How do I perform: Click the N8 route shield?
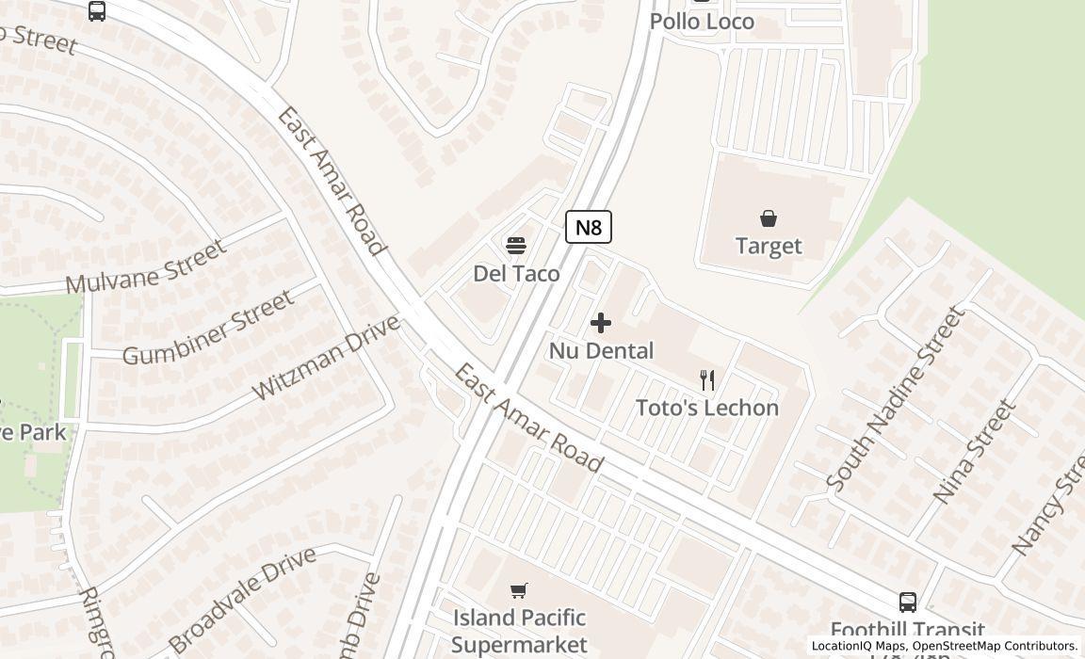pyautogui.click(x=589, y=227)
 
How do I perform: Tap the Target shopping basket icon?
pyautogui.click(x=769, y=218)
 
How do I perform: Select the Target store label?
pyautogui.click(x=769, y=246)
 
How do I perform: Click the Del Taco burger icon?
pyautogui.click(x=515, y=246)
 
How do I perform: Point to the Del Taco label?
pyautogui.click(x=516, y=274)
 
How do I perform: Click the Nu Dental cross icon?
pyautogui.click(x=600, y=323)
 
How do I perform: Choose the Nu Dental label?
pyautogui.click(x=601, y=351)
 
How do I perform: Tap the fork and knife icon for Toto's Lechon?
pyautogui.click(x=707, y=380)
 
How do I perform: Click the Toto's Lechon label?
pyautogui.click(x=707, y=408)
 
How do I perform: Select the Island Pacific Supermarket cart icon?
pyautogui.click(x=518, y=590)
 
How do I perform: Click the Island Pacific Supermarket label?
pyautogui.click(x=519, y=631)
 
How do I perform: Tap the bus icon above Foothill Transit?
pyautogui.click(x=908, y=602)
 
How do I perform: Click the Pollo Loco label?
pyautogui.click(x=702, y=21)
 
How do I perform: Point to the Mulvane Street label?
pyautogui.click(x=146, y=266)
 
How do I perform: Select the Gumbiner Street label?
pyautogui.click(x=208, y=328)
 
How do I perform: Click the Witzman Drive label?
pyautogui.click(x=326, y=358)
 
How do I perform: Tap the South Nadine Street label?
pyautogui.click(x=895, y=397)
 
